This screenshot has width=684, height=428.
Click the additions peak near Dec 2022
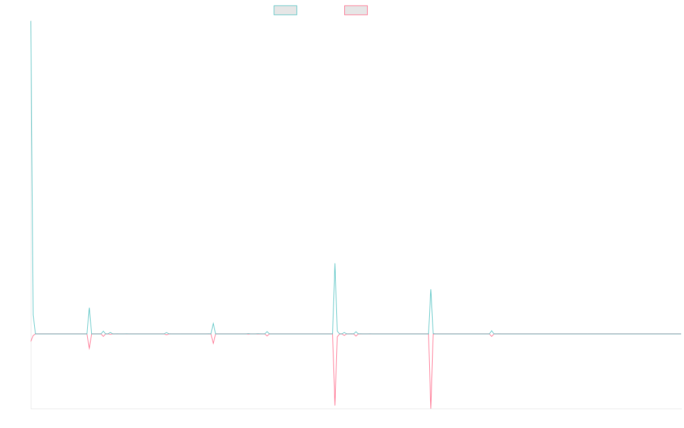click(335, 264)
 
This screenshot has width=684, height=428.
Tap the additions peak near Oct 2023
click(431, 289)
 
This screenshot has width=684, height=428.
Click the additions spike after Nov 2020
click(89, 308)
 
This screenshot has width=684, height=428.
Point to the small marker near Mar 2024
click(491, 333)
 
